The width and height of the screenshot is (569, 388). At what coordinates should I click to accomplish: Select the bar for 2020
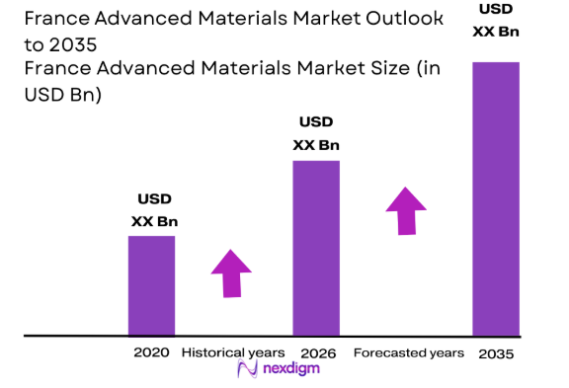(x=151, y=285)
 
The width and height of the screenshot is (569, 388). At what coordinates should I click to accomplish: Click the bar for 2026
(x=315, y=248)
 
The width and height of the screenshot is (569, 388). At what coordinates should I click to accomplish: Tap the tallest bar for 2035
(x=496, y=197)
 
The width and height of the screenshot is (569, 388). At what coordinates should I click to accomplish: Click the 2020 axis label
(x=151, y=352)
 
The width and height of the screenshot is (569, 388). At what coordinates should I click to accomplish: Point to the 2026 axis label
(x=315, y=352)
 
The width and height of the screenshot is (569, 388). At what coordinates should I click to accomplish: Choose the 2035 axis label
(x=496, y=353)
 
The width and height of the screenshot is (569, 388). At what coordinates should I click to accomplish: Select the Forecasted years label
(x=407, y=352)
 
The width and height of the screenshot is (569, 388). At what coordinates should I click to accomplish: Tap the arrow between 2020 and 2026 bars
(x=232, y=272)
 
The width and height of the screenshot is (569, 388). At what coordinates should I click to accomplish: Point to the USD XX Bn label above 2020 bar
(x=154, y=209)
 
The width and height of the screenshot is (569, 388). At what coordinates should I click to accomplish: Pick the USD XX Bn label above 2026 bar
(x=316, y=133)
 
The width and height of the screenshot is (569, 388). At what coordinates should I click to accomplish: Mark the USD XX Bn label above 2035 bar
(x=496, y=20)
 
